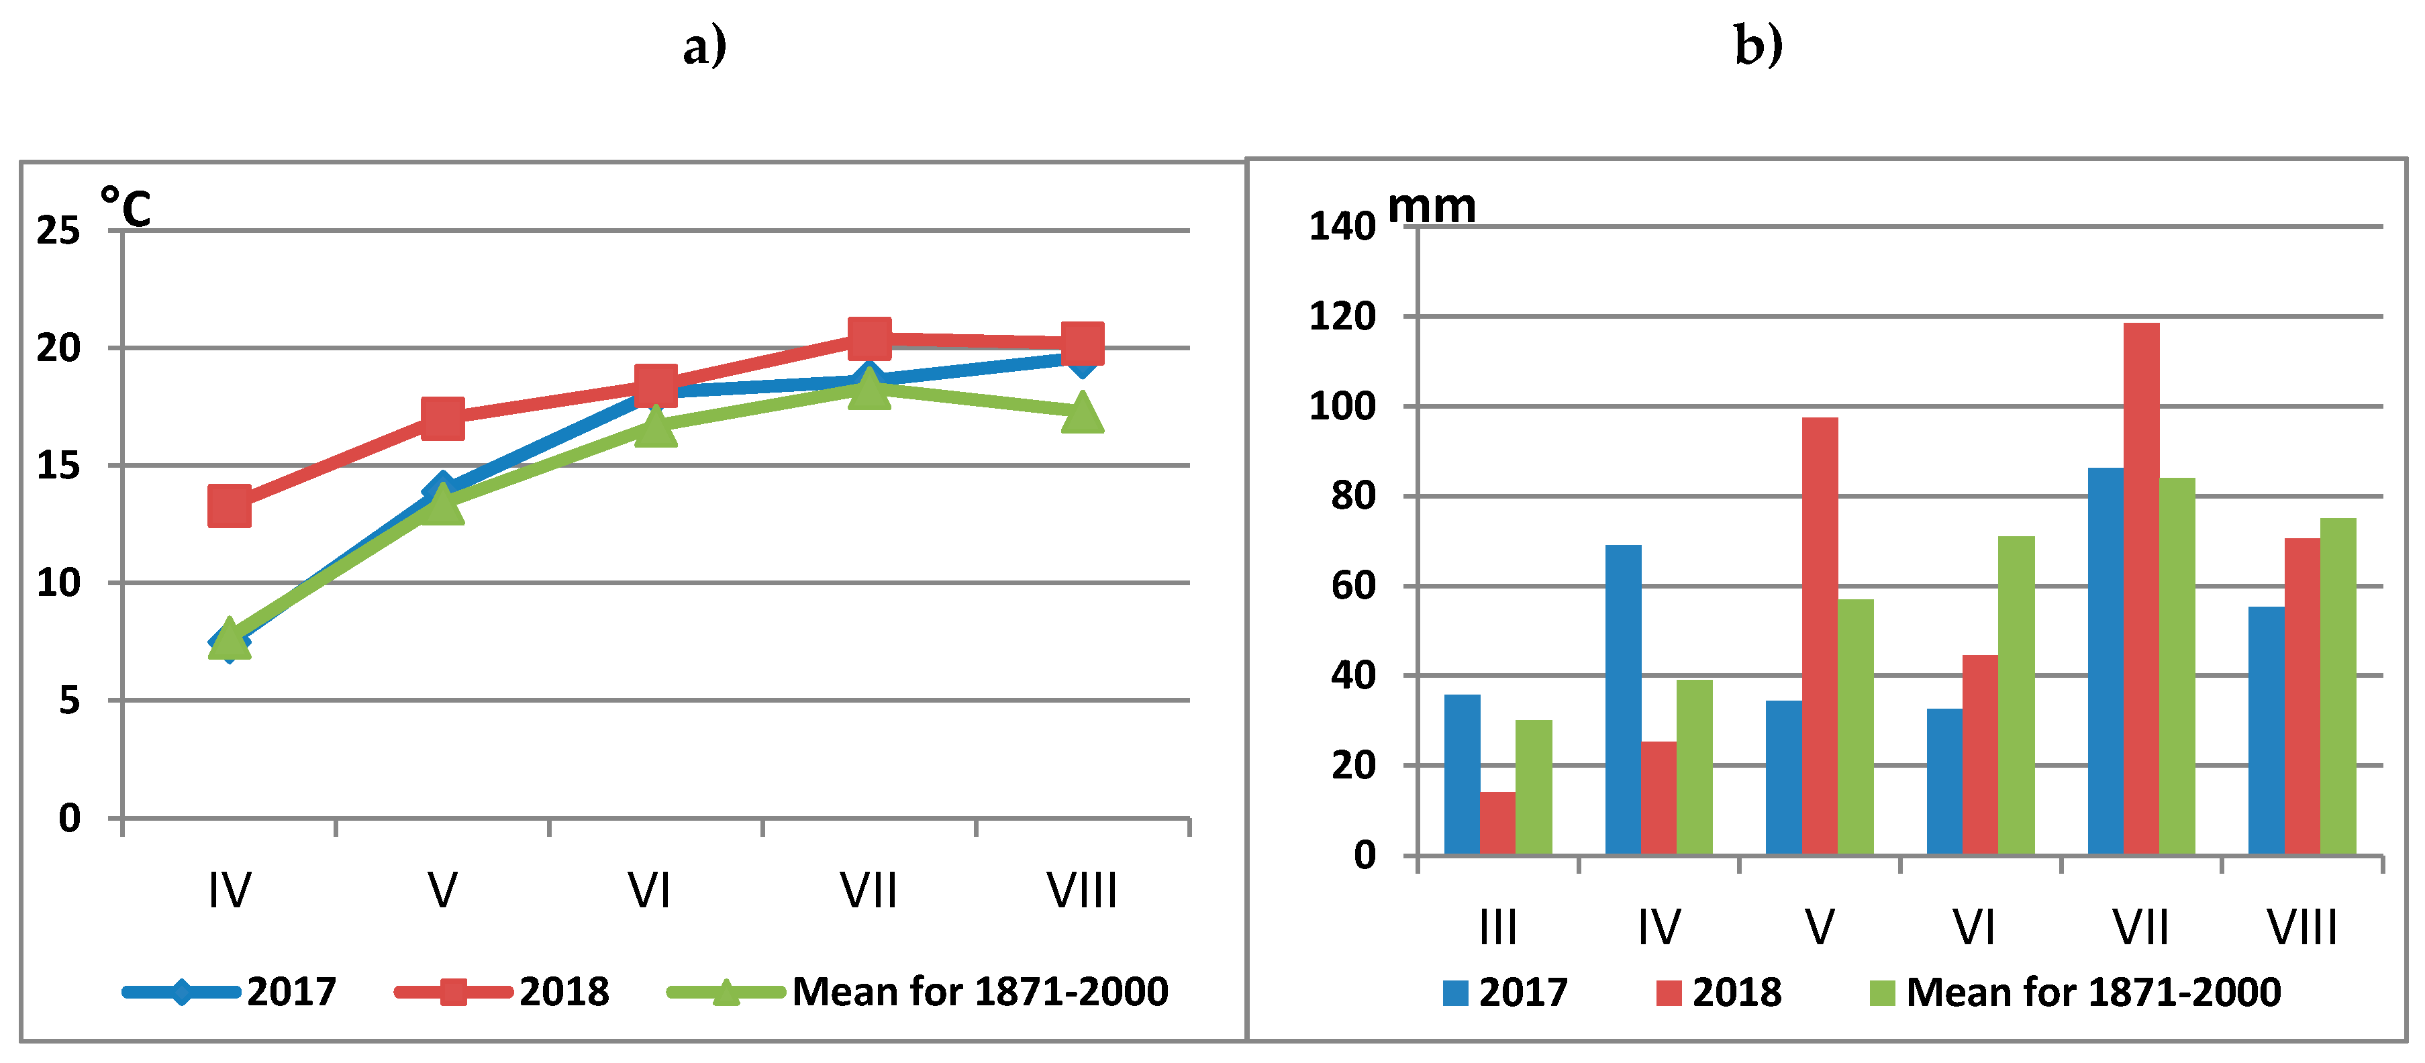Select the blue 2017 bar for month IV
pos(1623,699)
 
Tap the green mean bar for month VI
pos(2016,695)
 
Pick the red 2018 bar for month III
pos(1497,823)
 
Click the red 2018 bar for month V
pos(1819,636)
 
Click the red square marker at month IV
pos(229,507)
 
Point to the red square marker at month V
pos(442,418)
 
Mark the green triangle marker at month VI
pos(655,427)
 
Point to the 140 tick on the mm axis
pos(1342,227)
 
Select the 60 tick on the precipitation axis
pos(1352,586)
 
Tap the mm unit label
pos(1431,205)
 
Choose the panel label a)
pos(704,45)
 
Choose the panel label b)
pos(1758,44)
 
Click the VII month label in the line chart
pos(868,890)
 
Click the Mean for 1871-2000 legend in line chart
pos(979,991)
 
